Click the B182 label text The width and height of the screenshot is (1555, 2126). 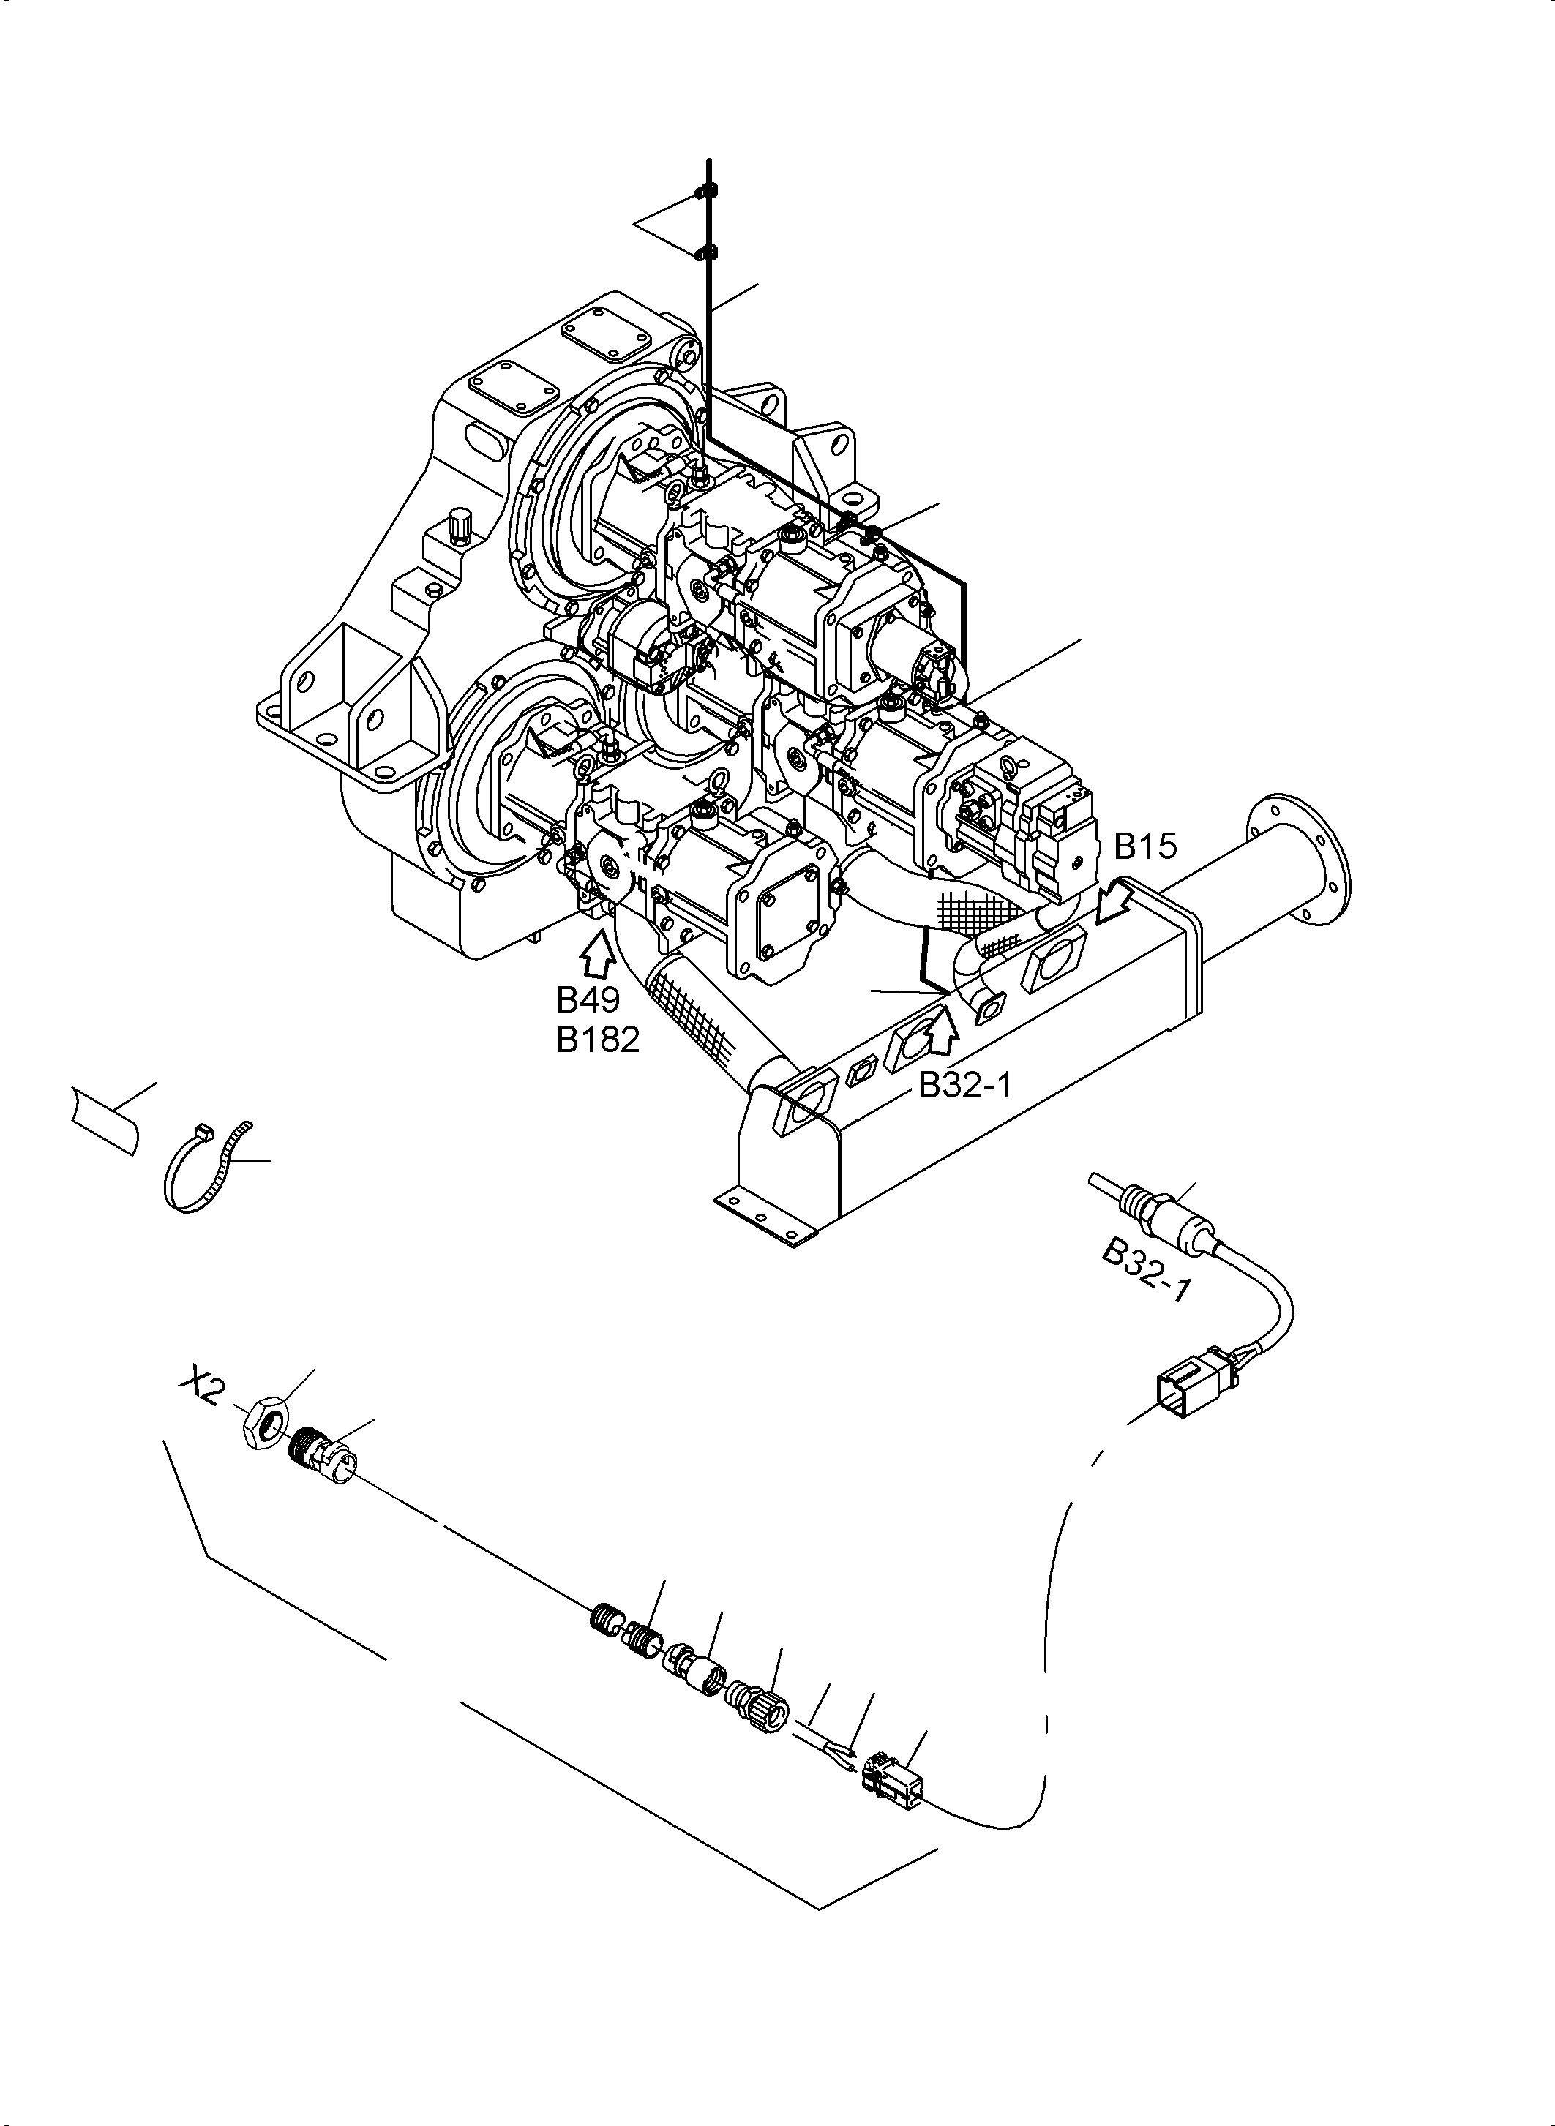coord(598,1039)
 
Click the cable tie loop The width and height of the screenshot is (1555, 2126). coord(203,1167)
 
